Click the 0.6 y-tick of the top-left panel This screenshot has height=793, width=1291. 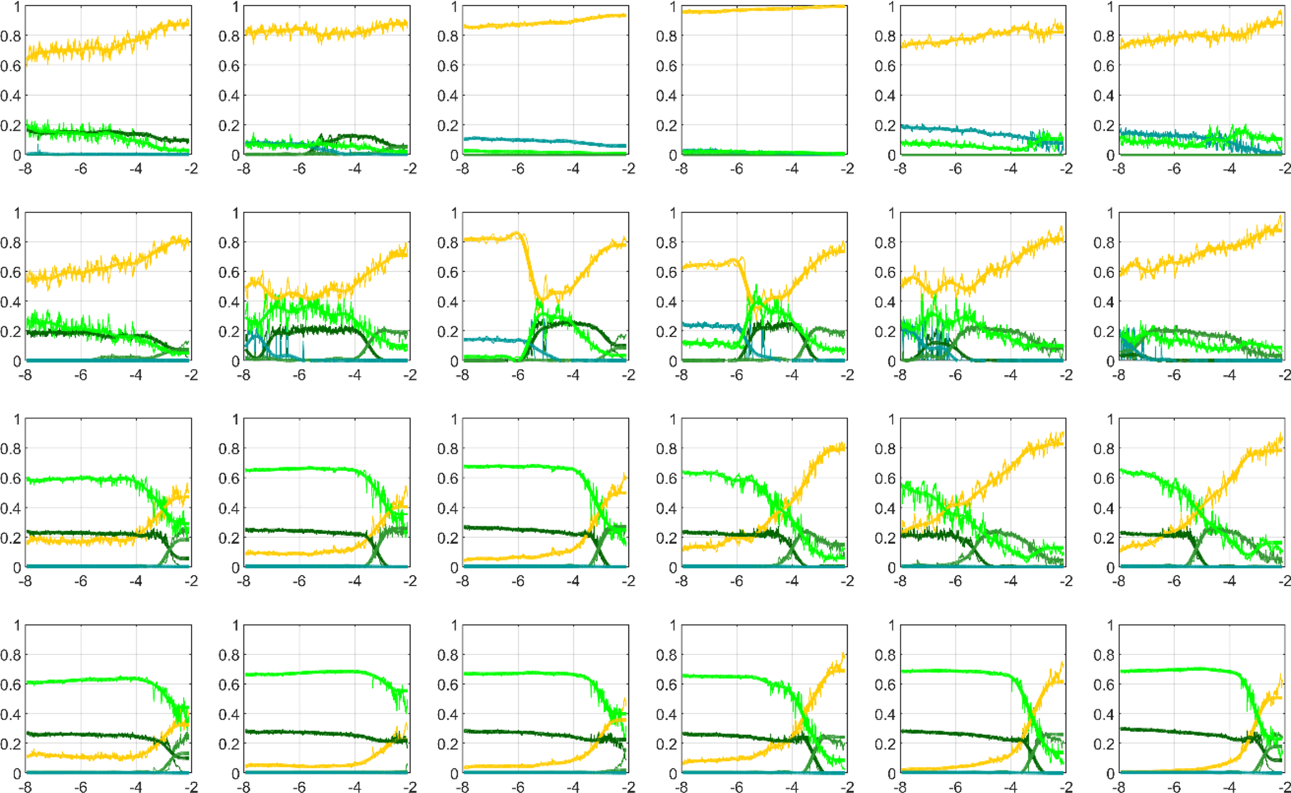(11, 66)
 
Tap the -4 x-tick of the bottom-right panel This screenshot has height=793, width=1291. (1230, 787)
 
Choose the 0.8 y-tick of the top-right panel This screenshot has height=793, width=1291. (1104, 36)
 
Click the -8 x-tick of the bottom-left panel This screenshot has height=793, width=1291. (26, 787)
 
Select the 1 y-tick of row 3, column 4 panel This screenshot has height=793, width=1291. (672, 419)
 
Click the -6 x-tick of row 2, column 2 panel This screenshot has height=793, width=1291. (300, 375)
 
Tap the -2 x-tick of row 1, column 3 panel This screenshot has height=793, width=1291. (628, 169)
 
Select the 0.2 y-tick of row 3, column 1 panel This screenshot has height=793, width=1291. (11, 538)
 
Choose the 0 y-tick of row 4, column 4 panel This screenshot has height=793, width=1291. (672, 774)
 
